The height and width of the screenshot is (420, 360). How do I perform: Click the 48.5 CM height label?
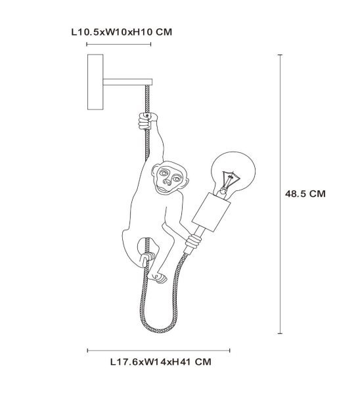[x=305, y=194]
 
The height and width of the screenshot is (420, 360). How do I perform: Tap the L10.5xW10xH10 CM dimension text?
[x=122, y=32]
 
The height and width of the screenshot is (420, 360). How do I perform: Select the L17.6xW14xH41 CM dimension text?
[x=161, y=362]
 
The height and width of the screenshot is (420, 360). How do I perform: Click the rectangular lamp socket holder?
[x=212, y=212]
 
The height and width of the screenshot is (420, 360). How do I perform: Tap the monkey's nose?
[x=167, y=182]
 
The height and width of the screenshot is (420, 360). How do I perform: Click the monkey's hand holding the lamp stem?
[x=193, y=241]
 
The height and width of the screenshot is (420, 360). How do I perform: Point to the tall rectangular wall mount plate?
[x=95, y=82]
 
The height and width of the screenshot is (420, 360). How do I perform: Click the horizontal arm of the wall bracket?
[x=127, y=82]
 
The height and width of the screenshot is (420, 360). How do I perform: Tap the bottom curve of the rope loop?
[x=158, y=330]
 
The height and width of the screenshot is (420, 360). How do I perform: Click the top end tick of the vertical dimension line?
[x=281, y=55]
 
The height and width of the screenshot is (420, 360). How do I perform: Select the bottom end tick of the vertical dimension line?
[x=281, y=333]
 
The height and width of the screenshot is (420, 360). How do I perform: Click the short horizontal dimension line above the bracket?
[x=119, y=44]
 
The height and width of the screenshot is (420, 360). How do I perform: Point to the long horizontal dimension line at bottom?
[x=159, y=350]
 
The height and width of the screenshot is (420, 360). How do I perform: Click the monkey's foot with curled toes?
[x=158, y=278]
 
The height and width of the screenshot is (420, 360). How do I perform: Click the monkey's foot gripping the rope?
[x=147, y=258]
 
